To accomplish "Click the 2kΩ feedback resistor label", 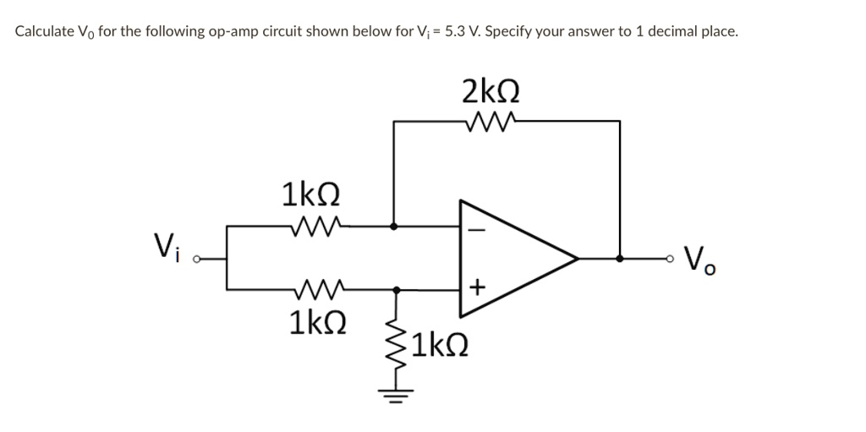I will point(491,90).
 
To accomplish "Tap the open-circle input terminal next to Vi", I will point(195,259).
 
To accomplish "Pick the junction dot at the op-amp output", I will point(621,259).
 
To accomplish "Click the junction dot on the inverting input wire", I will point(395,227).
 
